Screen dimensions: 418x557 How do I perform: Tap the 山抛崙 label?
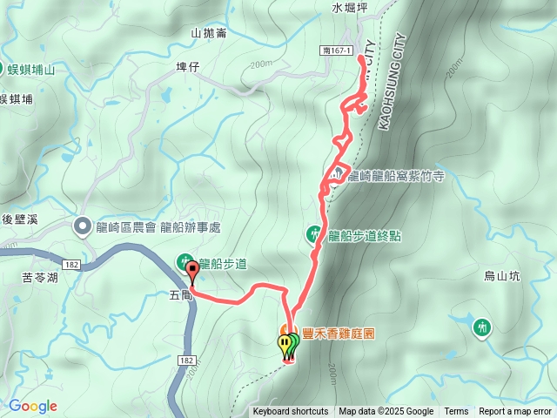208,33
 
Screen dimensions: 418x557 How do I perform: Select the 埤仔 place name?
188,66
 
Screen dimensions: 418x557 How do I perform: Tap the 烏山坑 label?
501,277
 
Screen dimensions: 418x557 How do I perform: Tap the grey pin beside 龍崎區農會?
83,226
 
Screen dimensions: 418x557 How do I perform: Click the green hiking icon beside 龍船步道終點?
314,233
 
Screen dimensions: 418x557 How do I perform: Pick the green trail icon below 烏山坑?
481,327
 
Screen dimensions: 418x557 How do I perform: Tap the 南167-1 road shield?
335,51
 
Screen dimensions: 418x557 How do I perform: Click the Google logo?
32,406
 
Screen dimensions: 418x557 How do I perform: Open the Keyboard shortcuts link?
291,412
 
